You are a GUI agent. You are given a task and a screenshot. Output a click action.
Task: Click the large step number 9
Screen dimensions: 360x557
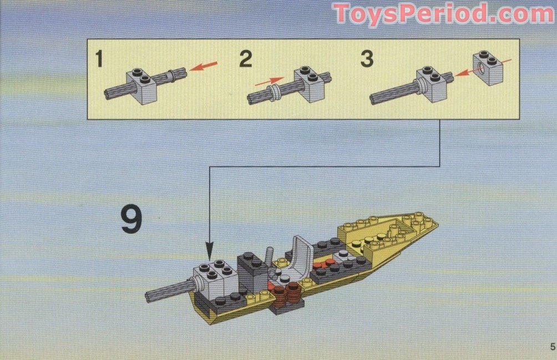131,220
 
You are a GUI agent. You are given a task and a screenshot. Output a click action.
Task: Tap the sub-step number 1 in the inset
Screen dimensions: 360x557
99,59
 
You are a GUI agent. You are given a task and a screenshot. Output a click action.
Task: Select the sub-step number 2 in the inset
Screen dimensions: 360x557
246,59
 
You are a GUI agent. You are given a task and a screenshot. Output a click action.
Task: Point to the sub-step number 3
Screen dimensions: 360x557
367,59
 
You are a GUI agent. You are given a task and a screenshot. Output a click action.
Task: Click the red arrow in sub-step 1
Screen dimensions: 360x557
203,67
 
